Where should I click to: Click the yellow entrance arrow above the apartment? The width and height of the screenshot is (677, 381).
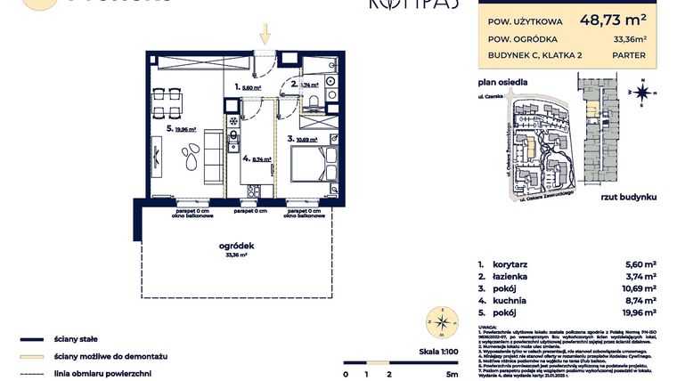(x=265, y=35)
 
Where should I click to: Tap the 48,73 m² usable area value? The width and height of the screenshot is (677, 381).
(x=614, y=17)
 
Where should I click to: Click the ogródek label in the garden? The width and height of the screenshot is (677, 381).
(x=237, y=246)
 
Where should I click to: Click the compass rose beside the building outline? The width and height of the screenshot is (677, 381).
(x=641, y=91)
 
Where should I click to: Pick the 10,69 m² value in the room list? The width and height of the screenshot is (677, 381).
(x=637, y=288)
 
